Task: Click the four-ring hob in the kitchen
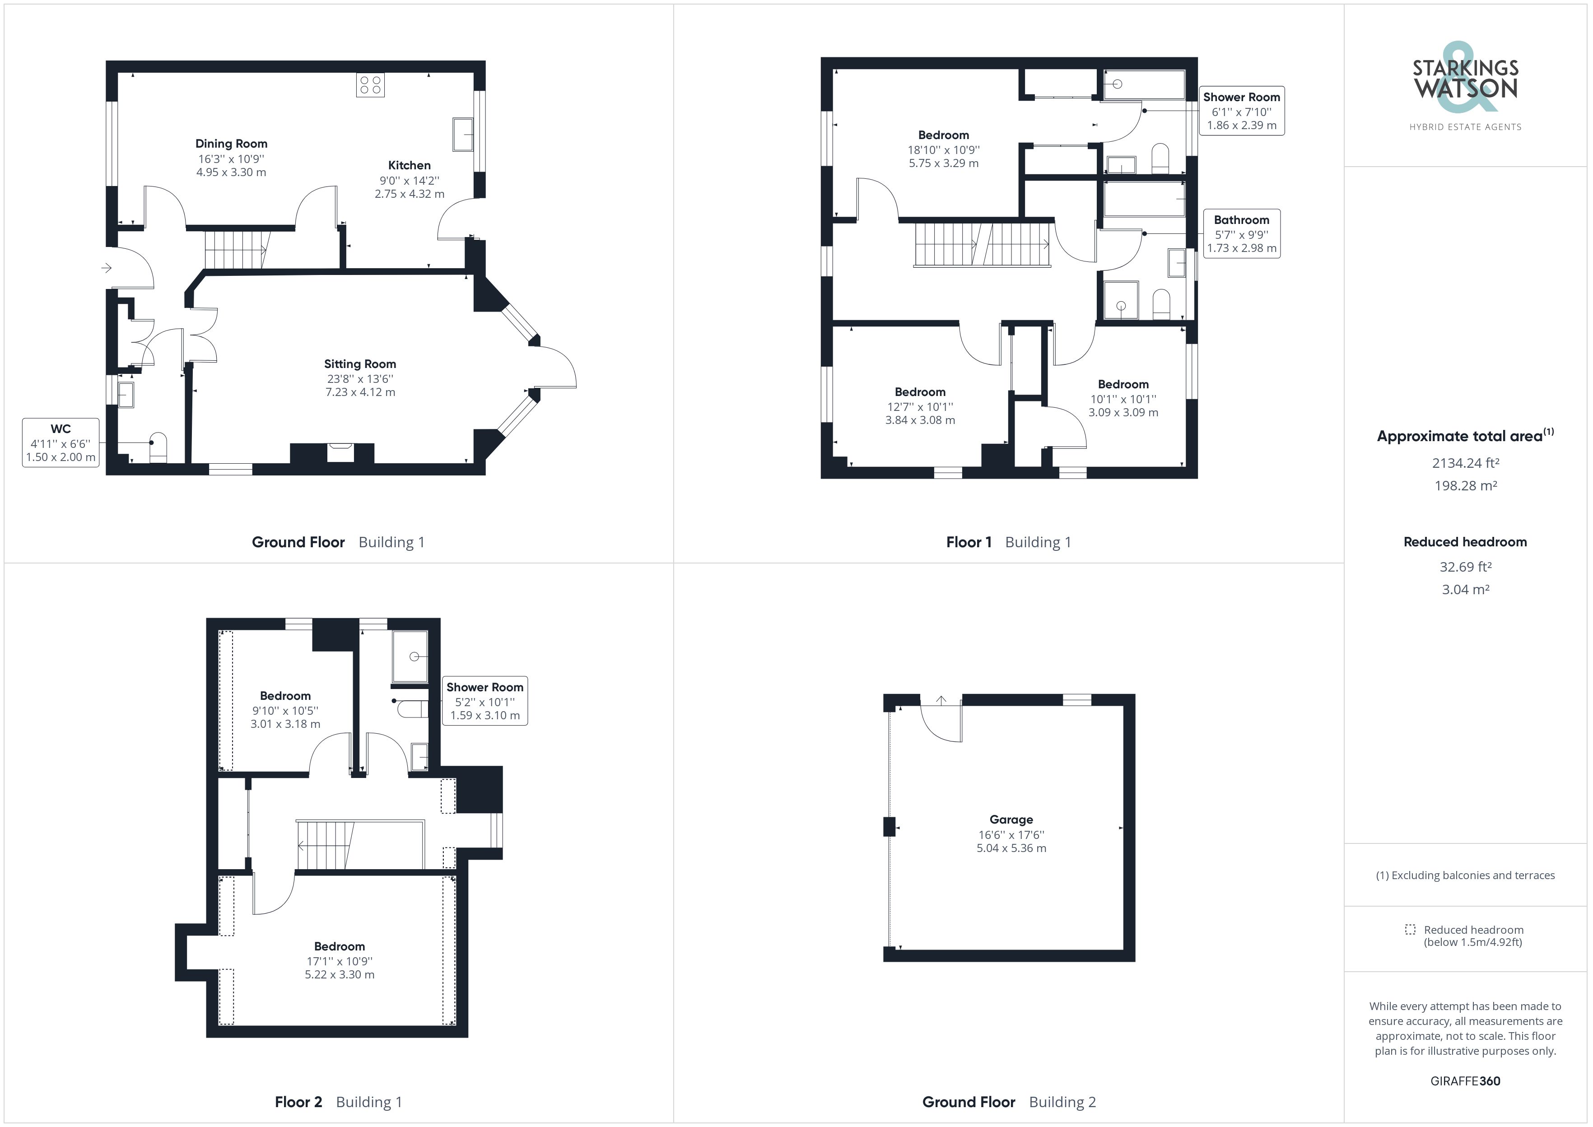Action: (x=371, y=85)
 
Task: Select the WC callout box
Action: (x=61, y=443)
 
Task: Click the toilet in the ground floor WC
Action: (x=158, y=447)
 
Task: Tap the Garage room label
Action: (x=1011, y=820)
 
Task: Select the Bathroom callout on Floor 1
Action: (x=1241, y=234)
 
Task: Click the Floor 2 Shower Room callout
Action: (x=484, y=701)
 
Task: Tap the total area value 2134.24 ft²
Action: (x=1465, y=463)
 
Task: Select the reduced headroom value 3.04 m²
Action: (x=1465, y=589)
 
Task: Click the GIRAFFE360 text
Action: (x=1465, y=1080)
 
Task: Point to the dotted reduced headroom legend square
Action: (x=1410, y=929)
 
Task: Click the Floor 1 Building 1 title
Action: (x=1008, y=542)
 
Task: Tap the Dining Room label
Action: (x=231, y=144)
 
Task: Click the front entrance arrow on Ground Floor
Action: (x=106, y=267)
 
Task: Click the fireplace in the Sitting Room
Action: (x=340, y=452)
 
